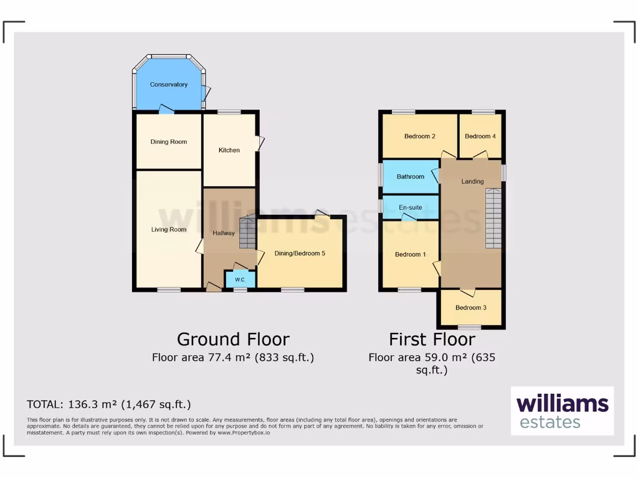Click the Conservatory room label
point(168,85)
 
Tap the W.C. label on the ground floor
point(240,280)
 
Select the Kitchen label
point(229,150)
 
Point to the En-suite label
point(411,207)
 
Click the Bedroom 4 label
point(480,136)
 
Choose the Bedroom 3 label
point(470,307)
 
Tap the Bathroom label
point(411,177)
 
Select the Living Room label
point(169,230)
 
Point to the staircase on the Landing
point(493,218)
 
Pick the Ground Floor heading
point(233,339)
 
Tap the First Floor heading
point(432,339)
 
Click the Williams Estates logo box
point(562,411)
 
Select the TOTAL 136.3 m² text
point(108,404)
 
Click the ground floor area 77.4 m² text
point(233,357)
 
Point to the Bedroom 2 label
point(419,136)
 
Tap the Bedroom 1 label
point(411,254)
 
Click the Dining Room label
point(169,142)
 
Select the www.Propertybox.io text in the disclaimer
point(244,432)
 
